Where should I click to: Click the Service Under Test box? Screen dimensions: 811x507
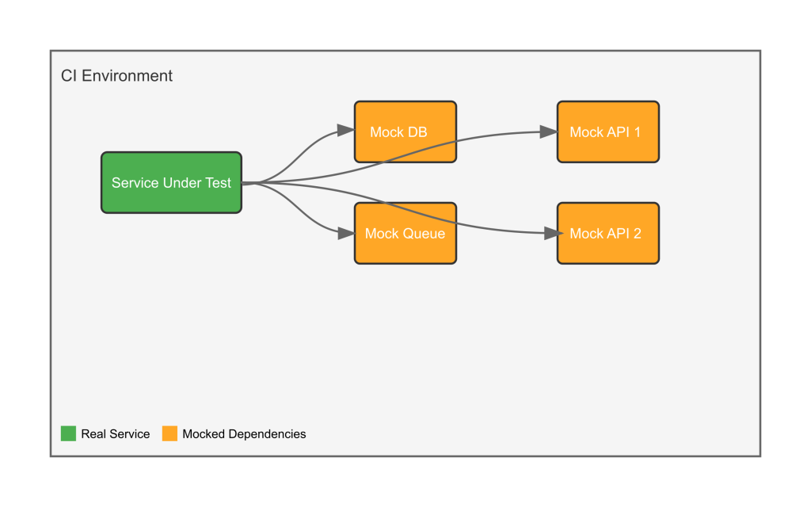click(x=171, y=183)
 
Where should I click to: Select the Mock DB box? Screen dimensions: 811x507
click(x=405, y=132)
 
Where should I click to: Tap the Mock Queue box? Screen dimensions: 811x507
click(x=405, y=234)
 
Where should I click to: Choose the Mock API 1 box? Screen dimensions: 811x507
click(x=608, y=132)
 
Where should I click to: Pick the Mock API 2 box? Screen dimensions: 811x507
click(x=608, y=234)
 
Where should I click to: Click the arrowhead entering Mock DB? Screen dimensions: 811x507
click(x=345, y=130)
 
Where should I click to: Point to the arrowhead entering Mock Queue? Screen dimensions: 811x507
click(x=345, y=234)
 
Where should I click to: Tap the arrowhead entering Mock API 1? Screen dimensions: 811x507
click(x=548, y=132)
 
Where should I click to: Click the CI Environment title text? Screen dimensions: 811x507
click(x=116, y=76)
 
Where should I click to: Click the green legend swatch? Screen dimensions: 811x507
click(x=68, y=433)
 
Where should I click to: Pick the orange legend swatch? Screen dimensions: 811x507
click(x=169, y=433)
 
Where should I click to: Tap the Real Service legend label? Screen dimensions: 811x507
click(x=116, y=434)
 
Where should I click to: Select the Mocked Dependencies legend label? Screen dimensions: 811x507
click(x=244, y=434)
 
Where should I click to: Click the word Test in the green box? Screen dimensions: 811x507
click(x=218, y=183)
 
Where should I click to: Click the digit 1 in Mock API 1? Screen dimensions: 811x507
click(x=638, y=132)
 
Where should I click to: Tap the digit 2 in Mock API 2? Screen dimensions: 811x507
click(x=638, y=234)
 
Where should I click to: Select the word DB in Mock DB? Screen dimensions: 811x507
click(x=418, y=132)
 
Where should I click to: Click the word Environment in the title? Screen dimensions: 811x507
click(x=128, y=76)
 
